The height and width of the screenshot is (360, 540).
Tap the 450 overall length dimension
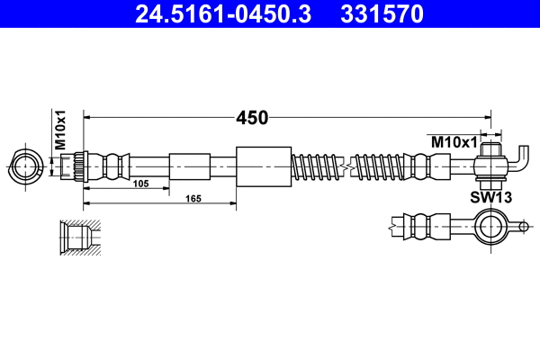pos(253,117)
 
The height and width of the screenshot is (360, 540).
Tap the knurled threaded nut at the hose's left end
pos(79,166)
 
